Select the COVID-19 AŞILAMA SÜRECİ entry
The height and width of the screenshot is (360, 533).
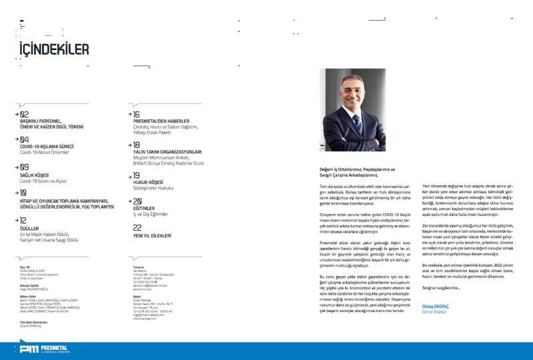(47, 146)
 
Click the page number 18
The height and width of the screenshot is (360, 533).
(137, 144)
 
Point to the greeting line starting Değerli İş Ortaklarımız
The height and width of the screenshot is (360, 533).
(358, 169)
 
